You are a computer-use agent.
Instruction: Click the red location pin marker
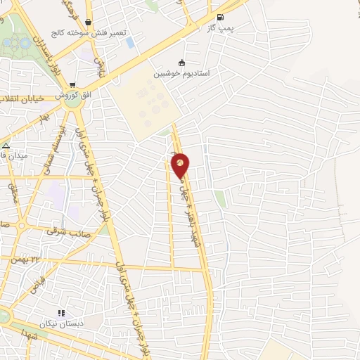[181, 165]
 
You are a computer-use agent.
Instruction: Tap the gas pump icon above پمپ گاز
[221, 17]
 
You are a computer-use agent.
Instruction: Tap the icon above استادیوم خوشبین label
[182, 62]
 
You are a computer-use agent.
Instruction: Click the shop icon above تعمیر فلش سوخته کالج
[86, 22]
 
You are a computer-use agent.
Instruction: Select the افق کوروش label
[71, 94]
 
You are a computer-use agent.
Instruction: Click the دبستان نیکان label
[62, 324]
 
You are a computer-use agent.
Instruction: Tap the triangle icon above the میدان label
[6, 146]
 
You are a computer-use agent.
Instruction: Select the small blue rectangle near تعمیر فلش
[129, 42]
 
